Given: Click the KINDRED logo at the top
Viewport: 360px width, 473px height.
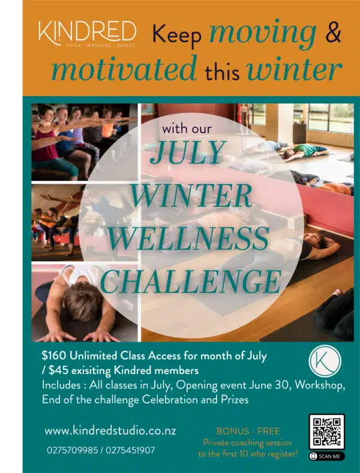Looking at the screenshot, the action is tap(87, 34).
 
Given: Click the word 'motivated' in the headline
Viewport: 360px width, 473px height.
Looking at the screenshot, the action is tap(124, 68).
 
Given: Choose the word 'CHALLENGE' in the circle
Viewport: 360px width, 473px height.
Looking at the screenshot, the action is tap(191, 281).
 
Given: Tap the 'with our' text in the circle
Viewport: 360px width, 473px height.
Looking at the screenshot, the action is tap(187, 129).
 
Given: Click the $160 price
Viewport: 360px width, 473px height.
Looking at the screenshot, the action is tap(54, 356).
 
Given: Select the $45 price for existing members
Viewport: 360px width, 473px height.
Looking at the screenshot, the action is tap(58, 370).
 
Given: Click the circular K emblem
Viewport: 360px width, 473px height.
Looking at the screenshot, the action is tap(325, 361).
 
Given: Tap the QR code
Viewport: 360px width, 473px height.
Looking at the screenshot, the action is tap(326, 432).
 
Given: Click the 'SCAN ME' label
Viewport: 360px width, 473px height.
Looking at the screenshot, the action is tap(326, 456).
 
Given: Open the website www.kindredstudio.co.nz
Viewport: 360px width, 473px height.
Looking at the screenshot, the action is tap(110, 430).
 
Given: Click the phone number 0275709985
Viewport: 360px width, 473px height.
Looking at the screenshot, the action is tap(73, 450).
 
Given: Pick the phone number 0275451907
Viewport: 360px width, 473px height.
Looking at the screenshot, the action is tap(130, 450).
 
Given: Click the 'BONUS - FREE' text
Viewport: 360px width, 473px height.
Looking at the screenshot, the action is tap(248, 431).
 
